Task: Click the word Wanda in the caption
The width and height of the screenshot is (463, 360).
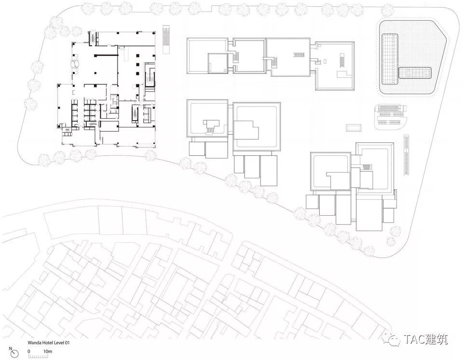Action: coord(34,343)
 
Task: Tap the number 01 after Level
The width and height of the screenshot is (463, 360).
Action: coord(67,343)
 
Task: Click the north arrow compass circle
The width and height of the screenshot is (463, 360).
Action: coord(14,354)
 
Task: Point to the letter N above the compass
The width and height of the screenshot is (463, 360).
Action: coord(11,348)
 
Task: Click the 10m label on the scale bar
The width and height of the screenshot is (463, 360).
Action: coord(48,351)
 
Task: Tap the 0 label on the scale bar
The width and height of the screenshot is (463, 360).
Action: coord(29,351)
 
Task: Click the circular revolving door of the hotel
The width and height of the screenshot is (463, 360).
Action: coord(75,64)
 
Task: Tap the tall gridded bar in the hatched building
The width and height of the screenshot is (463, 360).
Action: coord(390,59)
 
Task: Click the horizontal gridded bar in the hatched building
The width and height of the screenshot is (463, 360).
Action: coord(415,73)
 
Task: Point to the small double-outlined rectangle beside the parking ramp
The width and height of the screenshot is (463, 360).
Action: coord(354,128)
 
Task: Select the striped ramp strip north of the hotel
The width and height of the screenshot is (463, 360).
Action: coord(167,39)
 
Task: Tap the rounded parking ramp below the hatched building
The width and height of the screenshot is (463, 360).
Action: coord(390,117)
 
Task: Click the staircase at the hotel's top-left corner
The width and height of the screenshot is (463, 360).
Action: coord(93,39)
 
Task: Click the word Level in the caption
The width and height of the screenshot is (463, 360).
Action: coord(57,343)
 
